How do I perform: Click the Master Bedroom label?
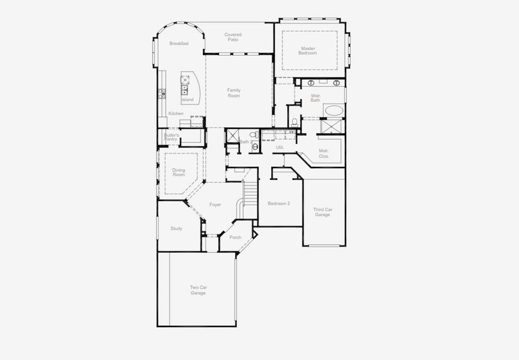(x=307, y=50)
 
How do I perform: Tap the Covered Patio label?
(x=233, y=37)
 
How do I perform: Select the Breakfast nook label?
(x=179, y=43)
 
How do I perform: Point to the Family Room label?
(x=233, y=93)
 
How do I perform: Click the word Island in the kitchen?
(x=188, y=100)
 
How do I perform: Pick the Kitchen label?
(x=176, y=113)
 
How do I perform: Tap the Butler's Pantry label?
(x=171, y=137)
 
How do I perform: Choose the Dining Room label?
(x=179, y=172)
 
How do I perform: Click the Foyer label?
(x=215, y=205)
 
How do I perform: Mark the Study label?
(x=176, y=229)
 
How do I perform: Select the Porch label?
(x=235, y=237)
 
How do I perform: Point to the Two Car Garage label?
(x=198, y=290)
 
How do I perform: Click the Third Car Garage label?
(x=322, y=212)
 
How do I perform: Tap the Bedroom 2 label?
(x=278, y=203)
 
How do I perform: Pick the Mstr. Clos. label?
(x=323, y=153)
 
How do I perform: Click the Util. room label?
(x=280, y=147)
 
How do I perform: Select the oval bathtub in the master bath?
(x=333, y=110)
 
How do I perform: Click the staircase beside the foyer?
(x=250, y=193)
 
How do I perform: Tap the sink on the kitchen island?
(x=185, y=90)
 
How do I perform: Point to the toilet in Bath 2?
(x=254, y=135)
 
